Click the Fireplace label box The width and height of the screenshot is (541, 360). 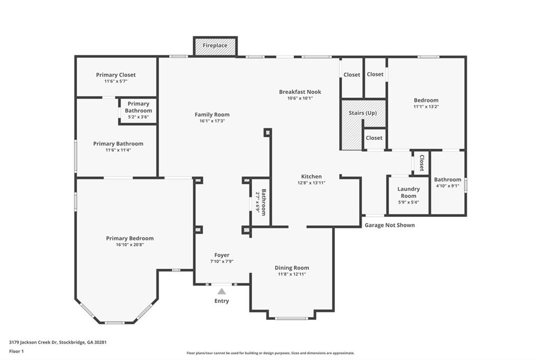point(215,45)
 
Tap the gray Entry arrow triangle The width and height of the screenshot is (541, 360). point(221,291)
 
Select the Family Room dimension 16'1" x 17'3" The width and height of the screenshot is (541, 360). point(212,121)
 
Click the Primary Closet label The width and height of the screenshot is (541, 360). point(116,75)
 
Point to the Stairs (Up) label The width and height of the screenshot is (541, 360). point(362,113)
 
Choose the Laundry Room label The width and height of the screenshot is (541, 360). point(408,193)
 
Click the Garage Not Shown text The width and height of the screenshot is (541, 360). point(389,225)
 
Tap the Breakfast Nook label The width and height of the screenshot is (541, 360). point(300,92)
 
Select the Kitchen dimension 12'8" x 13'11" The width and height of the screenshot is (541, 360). point(312,183)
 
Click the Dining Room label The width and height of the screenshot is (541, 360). point(292,268)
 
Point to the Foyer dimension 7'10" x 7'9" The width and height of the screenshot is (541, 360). point(222,261)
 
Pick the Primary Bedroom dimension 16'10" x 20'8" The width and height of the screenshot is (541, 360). point(130,245)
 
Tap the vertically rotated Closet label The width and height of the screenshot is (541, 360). point(422,163)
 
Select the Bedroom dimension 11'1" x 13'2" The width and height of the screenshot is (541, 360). point(426,107)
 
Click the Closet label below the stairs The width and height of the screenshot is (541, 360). point(374,138)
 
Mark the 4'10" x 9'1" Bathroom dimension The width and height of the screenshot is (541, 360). point(447,185)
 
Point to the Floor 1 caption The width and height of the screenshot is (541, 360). point(16,352)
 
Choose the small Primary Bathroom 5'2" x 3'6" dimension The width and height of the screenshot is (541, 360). point(138,117)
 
